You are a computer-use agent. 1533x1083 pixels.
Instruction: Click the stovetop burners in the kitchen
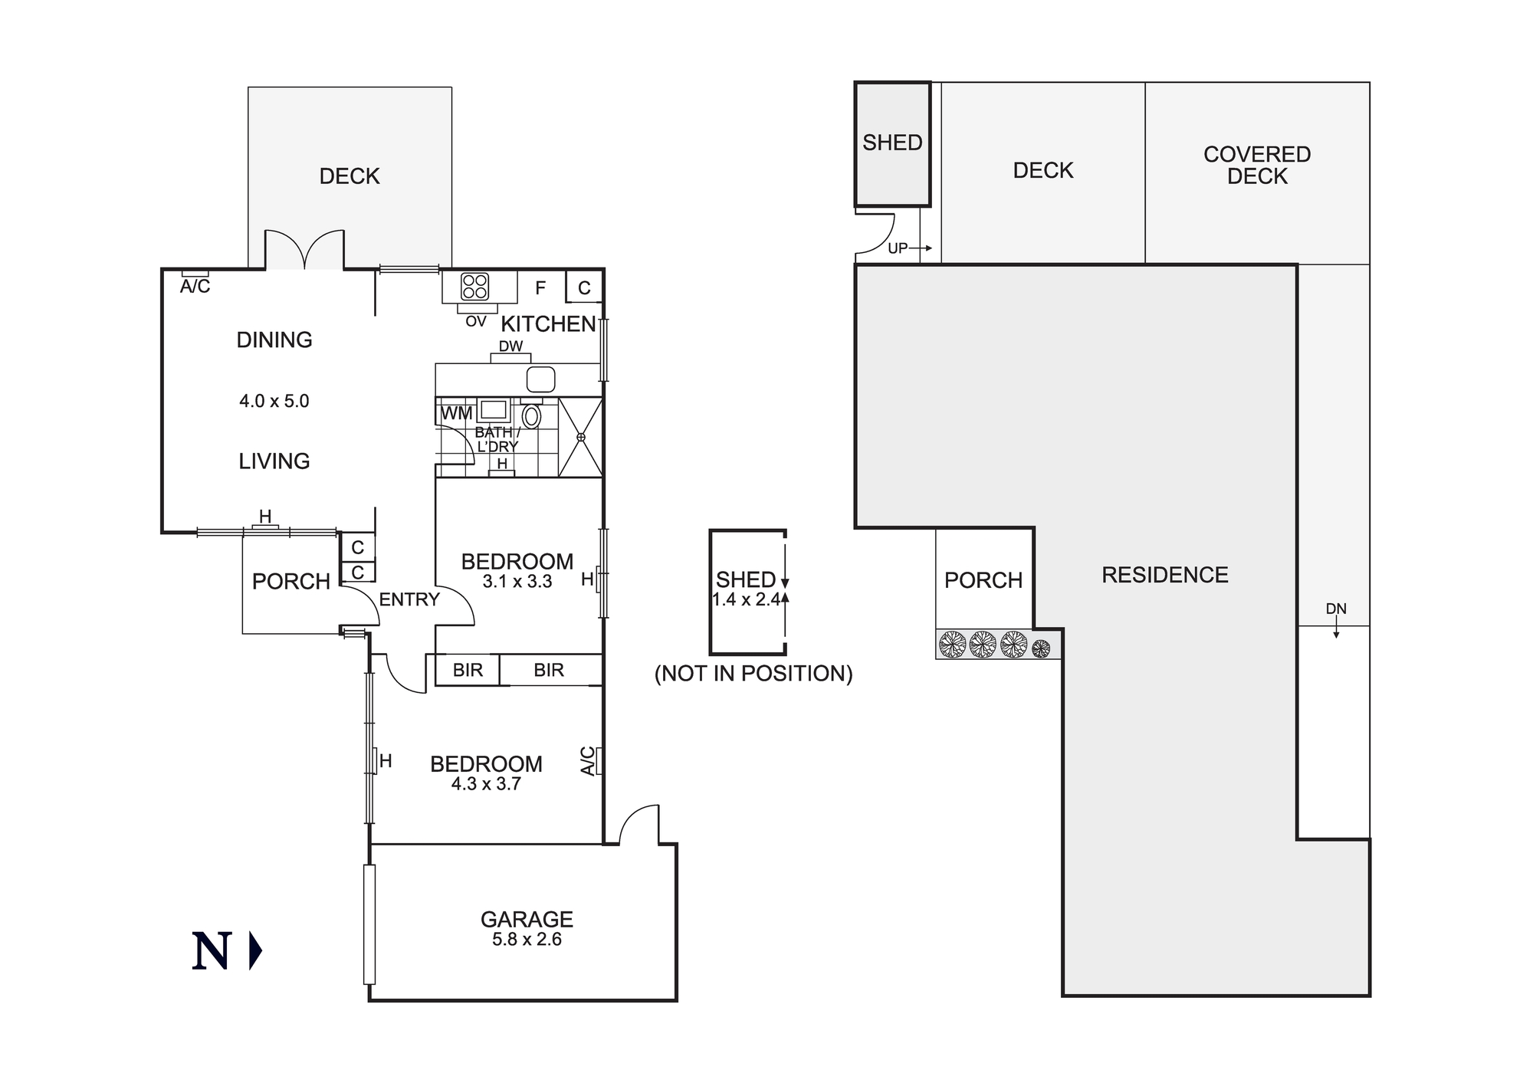[474, 287]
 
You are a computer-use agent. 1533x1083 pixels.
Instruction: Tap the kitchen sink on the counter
[540, 379]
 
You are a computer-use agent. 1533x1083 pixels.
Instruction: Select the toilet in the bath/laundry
[531, 416]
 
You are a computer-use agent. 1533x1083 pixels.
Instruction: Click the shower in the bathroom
[580, 437]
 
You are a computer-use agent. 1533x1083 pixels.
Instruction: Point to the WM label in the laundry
[457, 413]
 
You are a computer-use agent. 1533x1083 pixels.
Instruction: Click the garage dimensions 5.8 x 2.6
[527, 940]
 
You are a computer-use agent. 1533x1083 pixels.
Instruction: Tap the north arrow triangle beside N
[255, 951]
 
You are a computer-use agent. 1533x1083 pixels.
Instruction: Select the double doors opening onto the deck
[305, 250]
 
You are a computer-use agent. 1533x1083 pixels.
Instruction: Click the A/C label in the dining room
[195, 287]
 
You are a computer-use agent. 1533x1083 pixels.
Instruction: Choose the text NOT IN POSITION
[753, 674]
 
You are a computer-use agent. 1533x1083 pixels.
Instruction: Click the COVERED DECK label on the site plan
[1257, 165]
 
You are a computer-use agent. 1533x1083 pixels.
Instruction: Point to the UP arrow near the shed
[910, 248]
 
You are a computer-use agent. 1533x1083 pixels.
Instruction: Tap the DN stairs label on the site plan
[1336, 609]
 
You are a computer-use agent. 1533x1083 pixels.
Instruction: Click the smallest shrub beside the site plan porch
[1040, 648]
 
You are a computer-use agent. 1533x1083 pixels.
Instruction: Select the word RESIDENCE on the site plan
[1164, 575]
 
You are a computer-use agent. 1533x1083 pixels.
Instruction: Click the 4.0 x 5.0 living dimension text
[274, 401]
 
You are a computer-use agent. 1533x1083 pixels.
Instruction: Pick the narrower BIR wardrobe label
[468, 670]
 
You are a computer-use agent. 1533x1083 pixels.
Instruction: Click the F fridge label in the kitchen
[540, 288]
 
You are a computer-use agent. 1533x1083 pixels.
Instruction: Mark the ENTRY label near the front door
[409, 599]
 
